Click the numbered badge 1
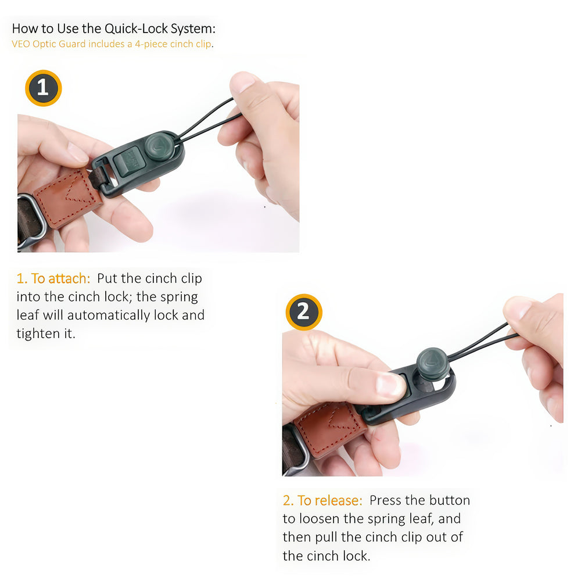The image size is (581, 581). coord(44,88)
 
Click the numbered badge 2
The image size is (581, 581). coord(304,312)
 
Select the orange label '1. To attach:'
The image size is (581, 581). coord(53,278)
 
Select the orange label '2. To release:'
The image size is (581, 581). coord(322,500)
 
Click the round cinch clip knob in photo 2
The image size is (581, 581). coord(433,364)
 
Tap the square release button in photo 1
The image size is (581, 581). coord(127,161)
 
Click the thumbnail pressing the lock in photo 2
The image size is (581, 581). coord(390,384)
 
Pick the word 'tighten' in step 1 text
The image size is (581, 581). coord(38,333)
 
